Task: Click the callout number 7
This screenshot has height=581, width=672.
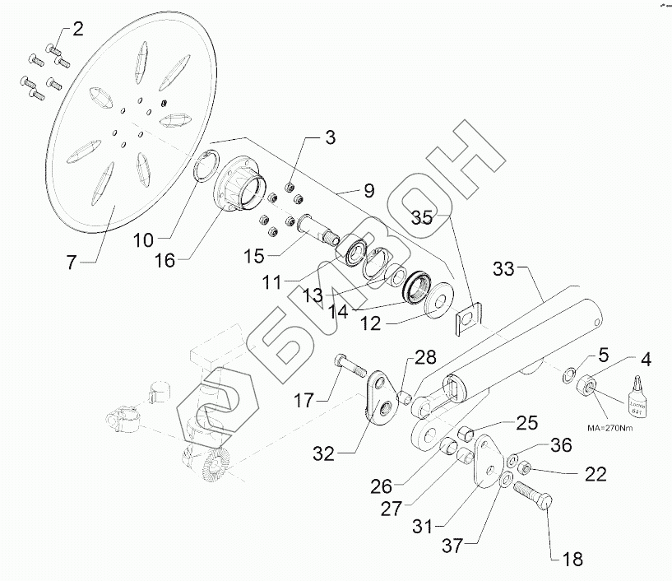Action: (x=72, y=263)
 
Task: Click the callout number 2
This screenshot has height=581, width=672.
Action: (x=77, y=30)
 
